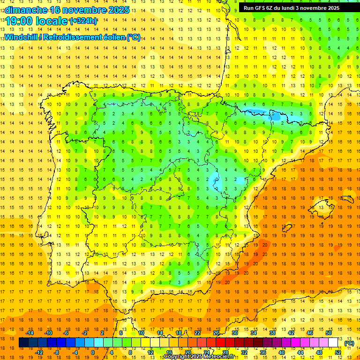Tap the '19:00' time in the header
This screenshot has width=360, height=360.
pos(19,21)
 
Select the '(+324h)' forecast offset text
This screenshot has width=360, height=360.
pos(83,21)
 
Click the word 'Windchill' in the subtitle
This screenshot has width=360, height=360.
pos(20,37)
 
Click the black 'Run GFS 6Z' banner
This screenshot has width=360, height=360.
pos(296,8)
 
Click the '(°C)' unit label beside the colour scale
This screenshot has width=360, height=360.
pos(349,343)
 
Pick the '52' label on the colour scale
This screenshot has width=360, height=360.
pos(338,352)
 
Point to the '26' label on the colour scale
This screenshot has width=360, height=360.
pos(216,333)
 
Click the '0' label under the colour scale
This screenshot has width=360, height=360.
pos(93,352)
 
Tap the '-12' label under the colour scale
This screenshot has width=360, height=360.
pos(39,352)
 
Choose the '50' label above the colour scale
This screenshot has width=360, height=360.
pos(328,333)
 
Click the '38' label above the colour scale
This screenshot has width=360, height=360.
pos(272,333)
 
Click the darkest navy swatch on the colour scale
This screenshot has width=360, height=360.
pos(23,343)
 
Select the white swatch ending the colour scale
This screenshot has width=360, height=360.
pos(337,343)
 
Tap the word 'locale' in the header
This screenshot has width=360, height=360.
pos(52,21)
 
